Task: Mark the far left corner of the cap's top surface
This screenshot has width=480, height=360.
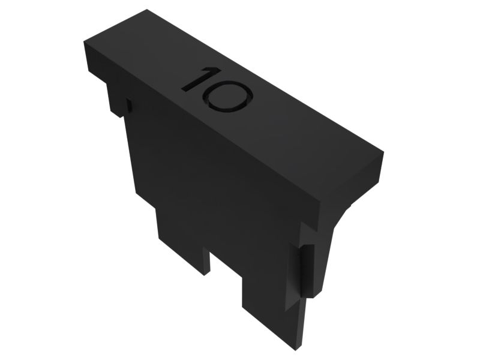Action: click(85, 43)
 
